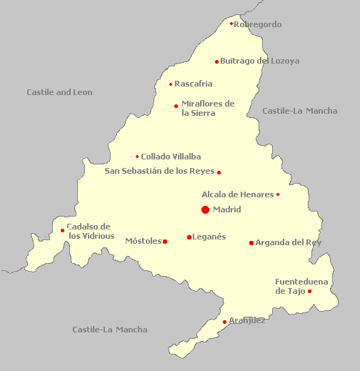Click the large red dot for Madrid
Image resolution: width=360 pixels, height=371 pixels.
click(x=205, y=209)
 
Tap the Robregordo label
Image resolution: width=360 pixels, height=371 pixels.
click(x=258, y=24)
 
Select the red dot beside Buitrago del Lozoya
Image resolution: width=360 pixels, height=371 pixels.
click(x=217, y=61)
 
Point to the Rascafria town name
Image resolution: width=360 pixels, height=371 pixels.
click(x=194, y=84)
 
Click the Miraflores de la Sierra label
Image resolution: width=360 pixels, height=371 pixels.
click(x=208, y=108)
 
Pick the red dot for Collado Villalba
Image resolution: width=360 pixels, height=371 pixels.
click(x=137, y=157)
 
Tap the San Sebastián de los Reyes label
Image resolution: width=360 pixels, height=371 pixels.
click(x=159, y=171)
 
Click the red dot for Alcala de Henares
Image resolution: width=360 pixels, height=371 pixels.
click(x=278, y=194)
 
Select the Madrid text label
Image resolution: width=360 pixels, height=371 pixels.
click(x=227, y=209)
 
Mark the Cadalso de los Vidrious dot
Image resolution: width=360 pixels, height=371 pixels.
click(x=63, y=230)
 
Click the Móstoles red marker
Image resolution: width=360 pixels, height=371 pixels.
click(x=165, y=242)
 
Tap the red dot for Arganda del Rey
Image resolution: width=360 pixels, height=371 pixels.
click(x=251, y=243)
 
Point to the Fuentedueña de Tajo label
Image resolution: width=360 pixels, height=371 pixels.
click(x=301, y=286)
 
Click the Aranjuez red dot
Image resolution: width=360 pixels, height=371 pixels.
click(x=225, y=322)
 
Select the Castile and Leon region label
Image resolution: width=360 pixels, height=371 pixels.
click(x=59, y=92)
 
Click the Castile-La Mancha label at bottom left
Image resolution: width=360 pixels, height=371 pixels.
click(x=110, y=330)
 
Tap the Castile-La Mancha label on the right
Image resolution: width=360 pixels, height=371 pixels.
click(x=300, y=111)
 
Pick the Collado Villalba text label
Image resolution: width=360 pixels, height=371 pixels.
click(x=171, y=157)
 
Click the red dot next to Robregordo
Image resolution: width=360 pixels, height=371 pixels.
click(x=231, y=24)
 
